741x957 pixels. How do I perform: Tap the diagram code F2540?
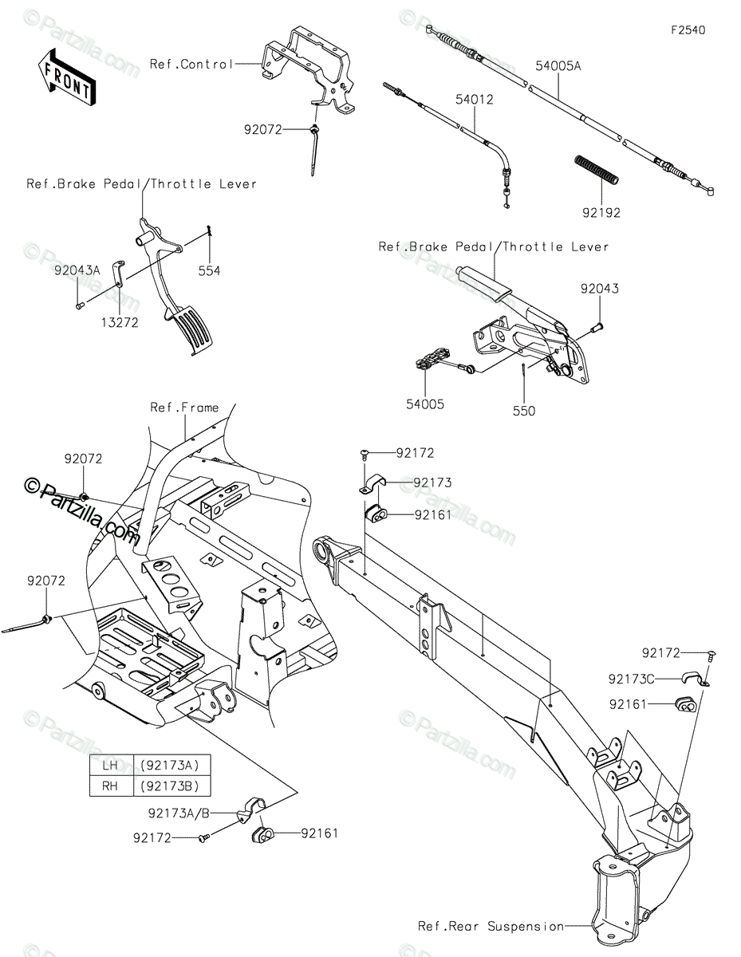click(688, 30)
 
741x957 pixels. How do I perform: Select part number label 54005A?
click(558, 66)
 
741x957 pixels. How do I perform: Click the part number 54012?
click(474, 100)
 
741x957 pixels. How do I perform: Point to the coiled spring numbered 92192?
click(597, 170)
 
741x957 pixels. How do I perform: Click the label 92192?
click(601, 213)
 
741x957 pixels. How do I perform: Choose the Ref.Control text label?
click(191, 65)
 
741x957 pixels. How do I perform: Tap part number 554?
click(209, 270)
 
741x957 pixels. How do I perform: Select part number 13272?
click(120, 323)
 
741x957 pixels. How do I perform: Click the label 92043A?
click(77, 270)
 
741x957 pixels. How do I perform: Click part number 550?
click(524, 411)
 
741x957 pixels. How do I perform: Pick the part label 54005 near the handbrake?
click(425, 404)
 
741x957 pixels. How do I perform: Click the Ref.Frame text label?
click(184, 408)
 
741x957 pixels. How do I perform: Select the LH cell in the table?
click(111, 765)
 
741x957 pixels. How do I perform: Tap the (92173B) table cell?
click(171, 786)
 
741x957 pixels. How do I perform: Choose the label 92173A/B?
click(179, 813)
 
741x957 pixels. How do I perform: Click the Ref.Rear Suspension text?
click(491, 926)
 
